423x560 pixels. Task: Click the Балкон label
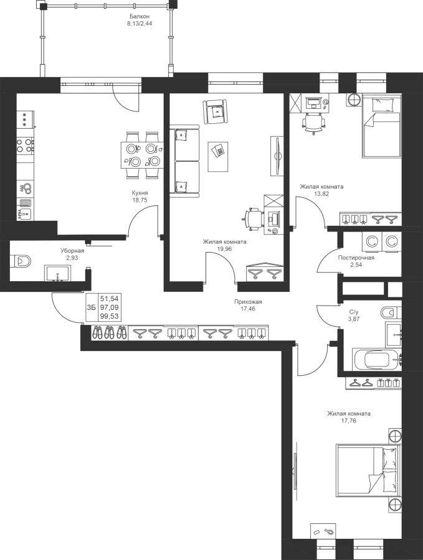tap(140, 16)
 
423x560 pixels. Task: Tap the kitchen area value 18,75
tap(140, 200)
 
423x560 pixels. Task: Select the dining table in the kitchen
tap(140, 155)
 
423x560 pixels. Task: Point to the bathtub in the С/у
tap(377, 359)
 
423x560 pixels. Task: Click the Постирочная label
tap(356, 258)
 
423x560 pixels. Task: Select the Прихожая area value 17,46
tap(248, 309)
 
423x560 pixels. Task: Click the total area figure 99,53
tap(110, 316)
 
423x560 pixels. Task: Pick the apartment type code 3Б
tap(91, 307)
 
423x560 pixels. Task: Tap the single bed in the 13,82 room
tap(381, 125)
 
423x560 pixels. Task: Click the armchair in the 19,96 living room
tap(216, 112)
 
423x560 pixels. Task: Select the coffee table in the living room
tap(218, 156)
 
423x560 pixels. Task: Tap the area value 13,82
tap(321, 194)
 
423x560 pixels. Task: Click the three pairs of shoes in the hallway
tap(110, 333)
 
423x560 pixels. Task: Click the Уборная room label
tap(72, 251)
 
